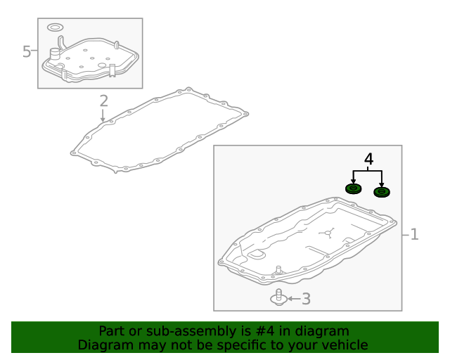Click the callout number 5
tap(27, 51)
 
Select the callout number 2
tap(103, 101)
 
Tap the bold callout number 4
tap(368, 159)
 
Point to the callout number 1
tap(414, 234)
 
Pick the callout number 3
tap(307, 299)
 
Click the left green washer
tap(353, 188)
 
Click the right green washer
tap(382, 192)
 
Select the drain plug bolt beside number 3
tap(278, 297)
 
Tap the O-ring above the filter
tap(55, 27)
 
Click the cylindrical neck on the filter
tap(55, 54)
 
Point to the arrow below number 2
tap(103, 115)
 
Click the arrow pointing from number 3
tap(294, 299)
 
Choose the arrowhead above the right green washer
tap(381, 184)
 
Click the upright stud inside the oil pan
tap(278, 270)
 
